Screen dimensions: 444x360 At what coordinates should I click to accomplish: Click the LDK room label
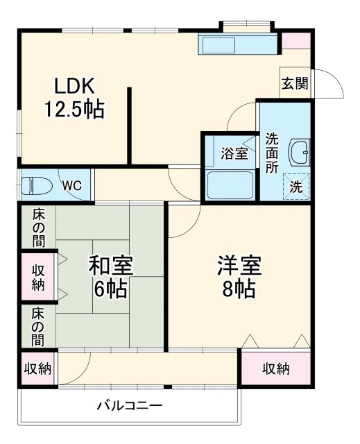click(74, 86)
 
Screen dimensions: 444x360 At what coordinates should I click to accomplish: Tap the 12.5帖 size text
click(74, 110)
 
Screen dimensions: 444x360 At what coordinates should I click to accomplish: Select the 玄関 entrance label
click(295, 84)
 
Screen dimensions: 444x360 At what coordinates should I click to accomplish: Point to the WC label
click(71, 185)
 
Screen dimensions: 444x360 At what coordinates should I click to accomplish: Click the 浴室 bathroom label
click(234, 153)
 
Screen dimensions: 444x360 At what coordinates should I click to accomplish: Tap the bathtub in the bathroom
click(230, 184)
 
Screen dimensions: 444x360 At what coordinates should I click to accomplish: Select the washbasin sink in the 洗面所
click(301, 151)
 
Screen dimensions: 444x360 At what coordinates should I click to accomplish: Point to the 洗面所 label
click(271, 153)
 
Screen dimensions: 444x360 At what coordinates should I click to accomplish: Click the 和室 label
click(111, 266)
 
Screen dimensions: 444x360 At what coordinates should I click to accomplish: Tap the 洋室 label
click(239, 266)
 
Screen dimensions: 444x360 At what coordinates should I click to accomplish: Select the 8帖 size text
click(239, 289)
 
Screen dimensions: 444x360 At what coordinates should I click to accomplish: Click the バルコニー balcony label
click(129, 406)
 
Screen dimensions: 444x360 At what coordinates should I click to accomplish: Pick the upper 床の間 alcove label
click(37, 228)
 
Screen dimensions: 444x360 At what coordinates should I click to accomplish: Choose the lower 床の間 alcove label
click(37, 325)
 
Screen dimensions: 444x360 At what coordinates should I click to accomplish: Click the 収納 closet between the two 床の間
click(37, 276)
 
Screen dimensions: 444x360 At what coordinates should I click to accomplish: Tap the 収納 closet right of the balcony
click(275, 368)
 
